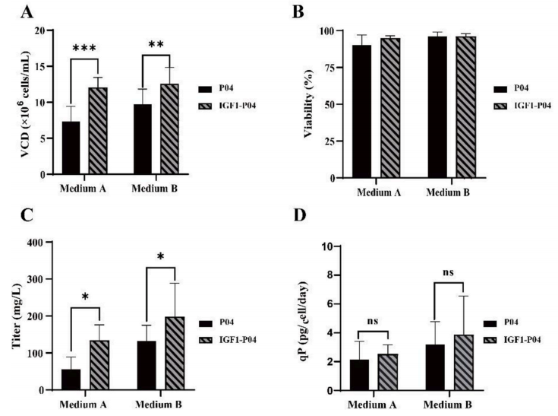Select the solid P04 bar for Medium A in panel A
(x=71, y=148)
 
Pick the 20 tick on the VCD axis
(x=43, y=30)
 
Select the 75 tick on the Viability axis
(x=338, y=68)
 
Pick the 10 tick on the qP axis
(x=335, y=246)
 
